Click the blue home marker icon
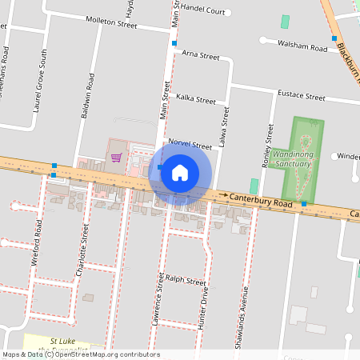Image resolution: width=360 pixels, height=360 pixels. [180, 173]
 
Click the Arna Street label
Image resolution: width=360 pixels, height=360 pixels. [200, 56]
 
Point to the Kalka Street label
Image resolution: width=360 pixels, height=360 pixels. [196, 101]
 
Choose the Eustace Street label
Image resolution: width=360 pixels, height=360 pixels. [301, 97]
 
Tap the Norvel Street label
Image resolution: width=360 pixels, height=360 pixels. [190, 146]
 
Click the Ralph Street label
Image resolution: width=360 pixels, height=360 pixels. [186, 282]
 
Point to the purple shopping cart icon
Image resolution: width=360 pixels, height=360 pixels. [116, 157]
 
